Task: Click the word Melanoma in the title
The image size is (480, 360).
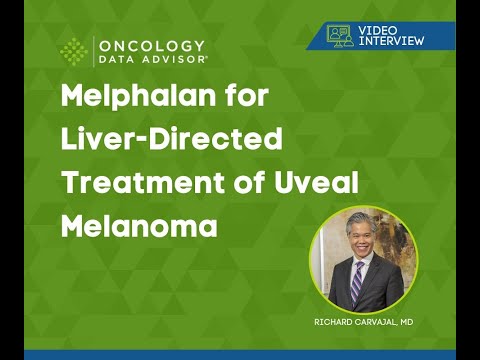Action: [x=139, y=225]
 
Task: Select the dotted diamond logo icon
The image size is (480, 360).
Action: [x=74, y=52]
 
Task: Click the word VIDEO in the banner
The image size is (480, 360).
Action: [x=380, y=29]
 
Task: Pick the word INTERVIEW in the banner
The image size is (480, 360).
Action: [x=390, y=40]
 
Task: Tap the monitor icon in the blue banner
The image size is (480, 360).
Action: [x=341, y=35]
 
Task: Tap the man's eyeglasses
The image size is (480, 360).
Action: [x=357, y=245]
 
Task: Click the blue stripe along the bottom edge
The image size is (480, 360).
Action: [x=240, y=354]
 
